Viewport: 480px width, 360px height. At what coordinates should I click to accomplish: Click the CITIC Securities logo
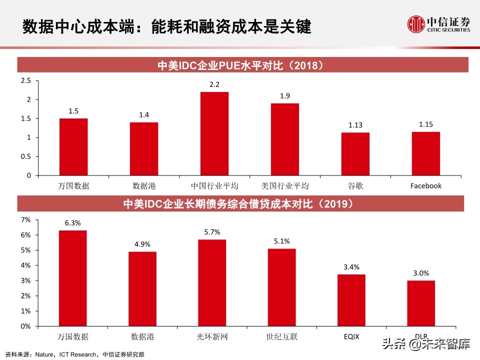click(439, 23)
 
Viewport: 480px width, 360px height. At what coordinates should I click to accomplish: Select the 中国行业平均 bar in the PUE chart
click(214, 133)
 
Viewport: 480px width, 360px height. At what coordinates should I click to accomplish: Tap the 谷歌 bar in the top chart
click(355, 154)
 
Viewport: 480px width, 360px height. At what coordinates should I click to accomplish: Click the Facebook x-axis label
click(426, 186)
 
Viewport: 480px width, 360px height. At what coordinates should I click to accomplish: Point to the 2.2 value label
click(214, 84)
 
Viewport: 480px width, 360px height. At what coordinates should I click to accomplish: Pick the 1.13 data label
click(355, 125)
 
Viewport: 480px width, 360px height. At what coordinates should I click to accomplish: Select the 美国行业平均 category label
click(285, 186)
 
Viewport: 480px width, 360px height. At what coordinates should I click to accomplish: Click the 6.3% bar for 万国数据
click(73, 278)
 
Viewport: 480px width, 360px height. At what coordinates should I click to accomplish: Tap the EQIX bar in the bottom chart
click(351, 300)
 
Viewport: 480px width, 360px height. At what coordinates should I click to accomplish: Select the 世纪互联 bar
click(281, 287)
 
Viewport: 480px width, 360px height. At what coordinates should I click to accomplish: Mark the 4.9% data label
click(142, 244)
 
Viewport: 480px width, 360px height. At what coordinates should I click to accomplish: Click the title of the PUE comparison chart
click(243, 65)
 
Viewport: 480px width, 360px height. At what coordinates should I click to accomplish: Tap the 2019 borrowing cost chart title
click(243, 204)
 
